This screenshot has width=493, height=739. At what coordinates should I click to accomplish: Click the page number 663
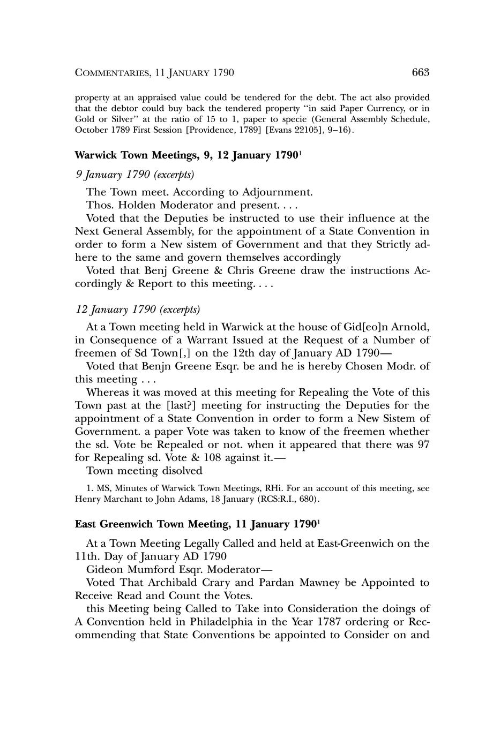click(421, 72)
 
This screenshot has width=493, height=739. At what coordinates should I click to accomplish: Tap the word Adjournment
click(277, 192)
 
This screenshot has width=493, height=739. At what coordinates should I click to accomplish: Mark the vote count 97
click(422, 444)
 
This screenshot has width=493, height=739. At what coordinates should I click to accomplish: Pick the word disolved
click(178, 471)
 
